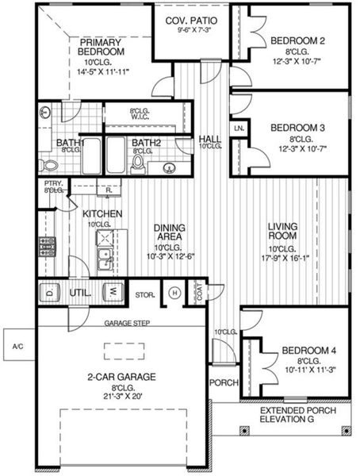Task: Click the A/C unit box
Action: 17,345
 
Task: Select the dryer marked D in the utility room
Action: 49,292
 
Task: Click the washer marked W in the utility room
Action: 113,292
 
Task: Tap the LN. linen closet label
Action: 238,128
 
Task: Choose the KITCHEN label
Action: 103,214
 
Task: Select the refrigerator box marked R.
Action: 108,190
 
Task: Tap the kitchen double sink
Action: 103,255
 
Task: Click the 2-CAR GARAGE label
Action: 121,377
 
